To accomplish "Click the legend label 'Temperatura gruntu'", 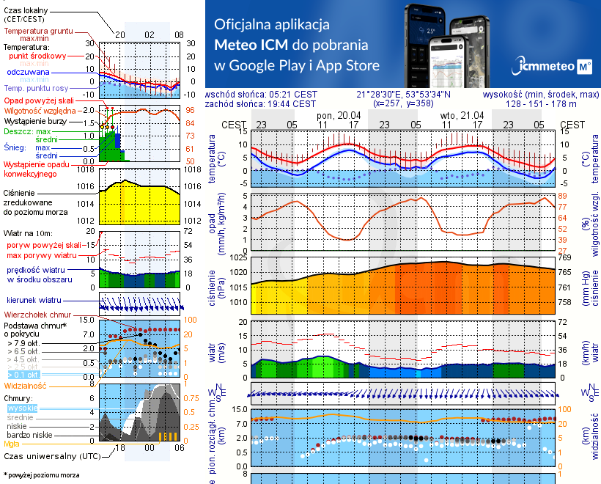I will click(x=40, y=32).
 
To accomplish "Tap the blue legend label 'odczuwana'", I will click(x=28, y=73).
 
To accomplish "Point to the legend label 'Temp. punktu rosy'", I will click(x=37, y=88).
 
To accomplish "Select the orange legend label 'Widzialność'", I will click(x=26, y=385).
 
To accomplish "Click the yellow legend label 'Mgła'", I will click(x=12, y=444).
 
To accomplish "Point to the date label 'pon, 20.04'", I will click(x=339, y=116).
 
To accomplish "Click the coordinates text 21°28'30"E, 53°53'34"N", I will click(x=404, y=94).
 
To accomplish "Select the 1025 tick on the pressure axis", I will click(x=239, y=258).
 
